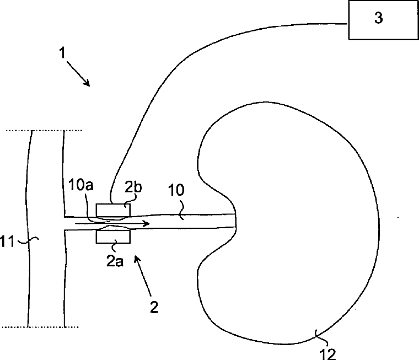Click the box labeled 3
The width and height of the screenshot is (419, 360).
tap(384, 20)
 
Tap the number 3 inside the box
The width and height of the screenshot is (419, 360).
tap(378, 18)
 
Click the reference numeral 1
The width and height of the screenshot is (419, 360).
tap(62, 53)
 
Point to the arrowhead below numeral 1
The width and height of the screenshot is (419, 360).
tap(87, 83)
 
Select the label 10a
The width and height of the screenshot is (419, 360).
tap(81, 185)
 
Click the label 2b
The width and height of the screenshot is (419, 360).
tap(133, 187)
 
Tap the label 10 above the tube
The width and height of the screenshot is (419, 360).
tap(176, 190)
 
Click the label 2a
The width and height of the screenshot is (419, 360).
tap(115, 261)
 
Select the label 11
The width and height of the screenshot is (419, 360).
tap(7, 241)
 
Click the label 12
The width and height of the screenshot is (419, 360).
tap(328, 354)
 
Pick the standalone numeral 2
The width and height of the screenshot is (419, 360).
tap(154, 307)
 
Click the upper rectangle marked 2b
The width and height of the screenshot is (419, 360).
tap(113, 210)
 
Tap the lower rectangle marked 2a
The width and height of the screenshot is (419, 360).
tap(113, 237)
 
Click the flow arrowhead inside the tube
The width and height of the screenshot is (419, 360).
tap(146, 223)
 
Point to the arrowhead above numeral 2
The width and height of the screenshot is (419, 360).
tap(137, 259)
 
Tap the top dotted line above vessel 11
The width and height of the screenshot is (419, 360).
tap(44, 131)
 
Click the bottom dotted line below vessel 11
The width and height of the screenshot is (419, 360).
tap(40, 327)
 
